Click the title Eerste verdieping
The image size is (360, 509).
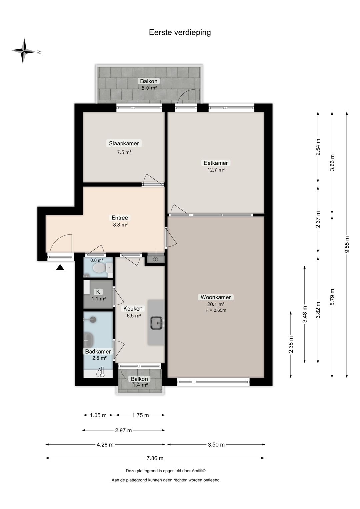coord(180,32)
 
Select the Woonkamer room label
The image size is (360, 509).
coord(216,297)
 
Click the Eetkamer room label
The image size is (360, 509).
coord(216,163)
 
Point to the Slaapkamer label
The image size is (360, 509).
coord(124,143)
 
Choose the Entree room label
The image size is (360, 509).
coord(120,218)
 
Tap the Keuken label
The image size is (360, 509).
coord(133,309)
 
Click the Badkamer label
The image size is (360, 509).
coord(98,351)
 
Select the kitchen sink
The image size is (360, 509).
coord(156,323)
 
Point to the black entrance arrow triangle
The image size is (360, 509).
coord(60,267)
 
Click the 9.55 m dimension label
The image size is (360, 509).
coord(347,244)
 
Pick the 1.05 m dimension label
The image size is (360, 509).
coord(98,415)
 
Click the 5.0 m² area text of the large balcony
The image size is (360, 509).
coord(149,88)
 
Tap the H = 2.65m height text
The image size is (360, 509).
coord(216,310)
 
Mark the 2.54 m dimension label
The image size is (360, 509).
coord(318,147)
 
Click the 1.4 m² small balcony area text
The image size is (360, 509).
coord(140,385)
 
